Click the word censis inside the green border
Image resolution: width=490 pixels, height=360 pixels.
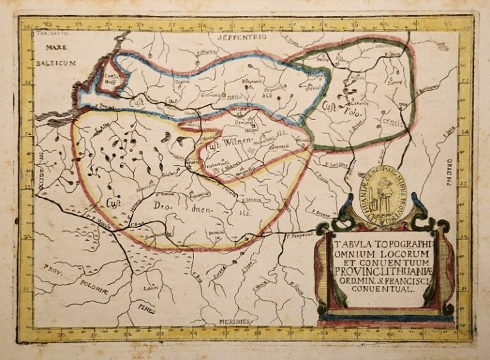pos(393,123)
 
